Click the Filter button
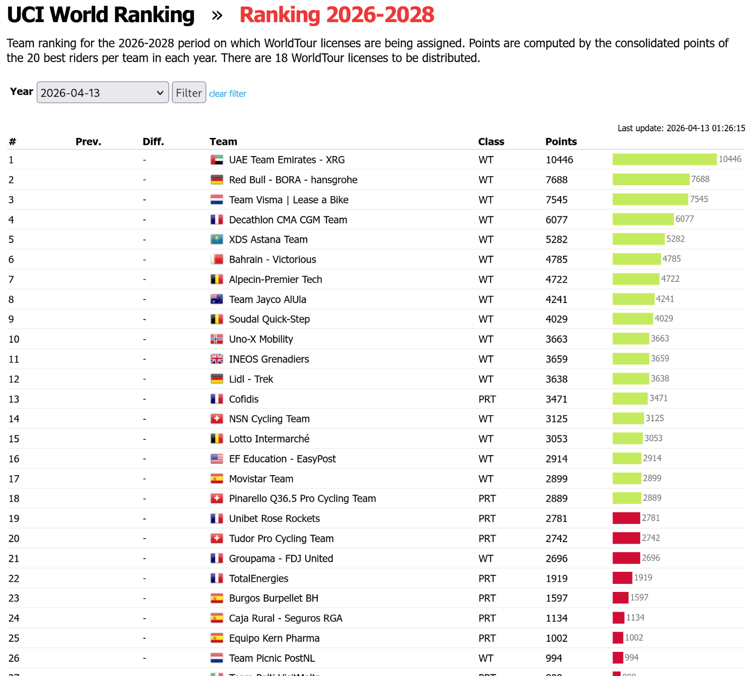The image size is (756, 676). click(189, 93)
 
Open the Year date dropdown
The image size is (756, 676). click(103, 93)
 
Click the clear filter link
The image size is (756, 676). click(228, 94)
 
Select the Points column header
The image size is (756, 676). click(561, 141)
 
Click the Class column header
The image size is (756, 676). click(491, 141)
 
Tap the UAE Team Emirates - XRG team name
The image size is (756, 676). click(287, 160)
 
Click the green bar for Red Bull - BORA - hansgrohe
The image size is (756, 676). click(651, 179)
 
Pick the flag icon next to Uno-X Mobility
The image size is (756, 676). click(217, 339)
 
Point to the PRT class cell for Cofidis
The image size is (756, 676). click(487, 399)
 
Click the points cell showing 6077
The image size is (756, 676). click(557, 220)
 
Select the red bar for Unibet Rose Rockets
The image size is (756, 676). click(626, 518)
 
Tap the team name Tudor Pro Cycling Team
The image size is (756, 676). click(281, 539)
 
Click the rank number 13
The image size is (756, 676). click(14, 399)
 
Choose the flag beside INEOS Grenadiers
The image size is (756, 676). click(217, 359)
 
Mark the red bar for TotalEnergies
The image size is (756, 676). click(622, 578)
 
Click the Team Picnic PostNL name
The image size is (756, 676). click(272, 658)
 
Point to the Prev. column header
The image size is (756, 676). click(88, 141)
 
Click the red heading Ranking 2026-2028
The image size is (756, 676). click(337, 15)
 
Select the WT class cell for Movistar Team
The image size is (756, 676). click(486, 479)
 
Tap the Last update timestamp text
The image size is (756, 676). click(681, 128)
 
